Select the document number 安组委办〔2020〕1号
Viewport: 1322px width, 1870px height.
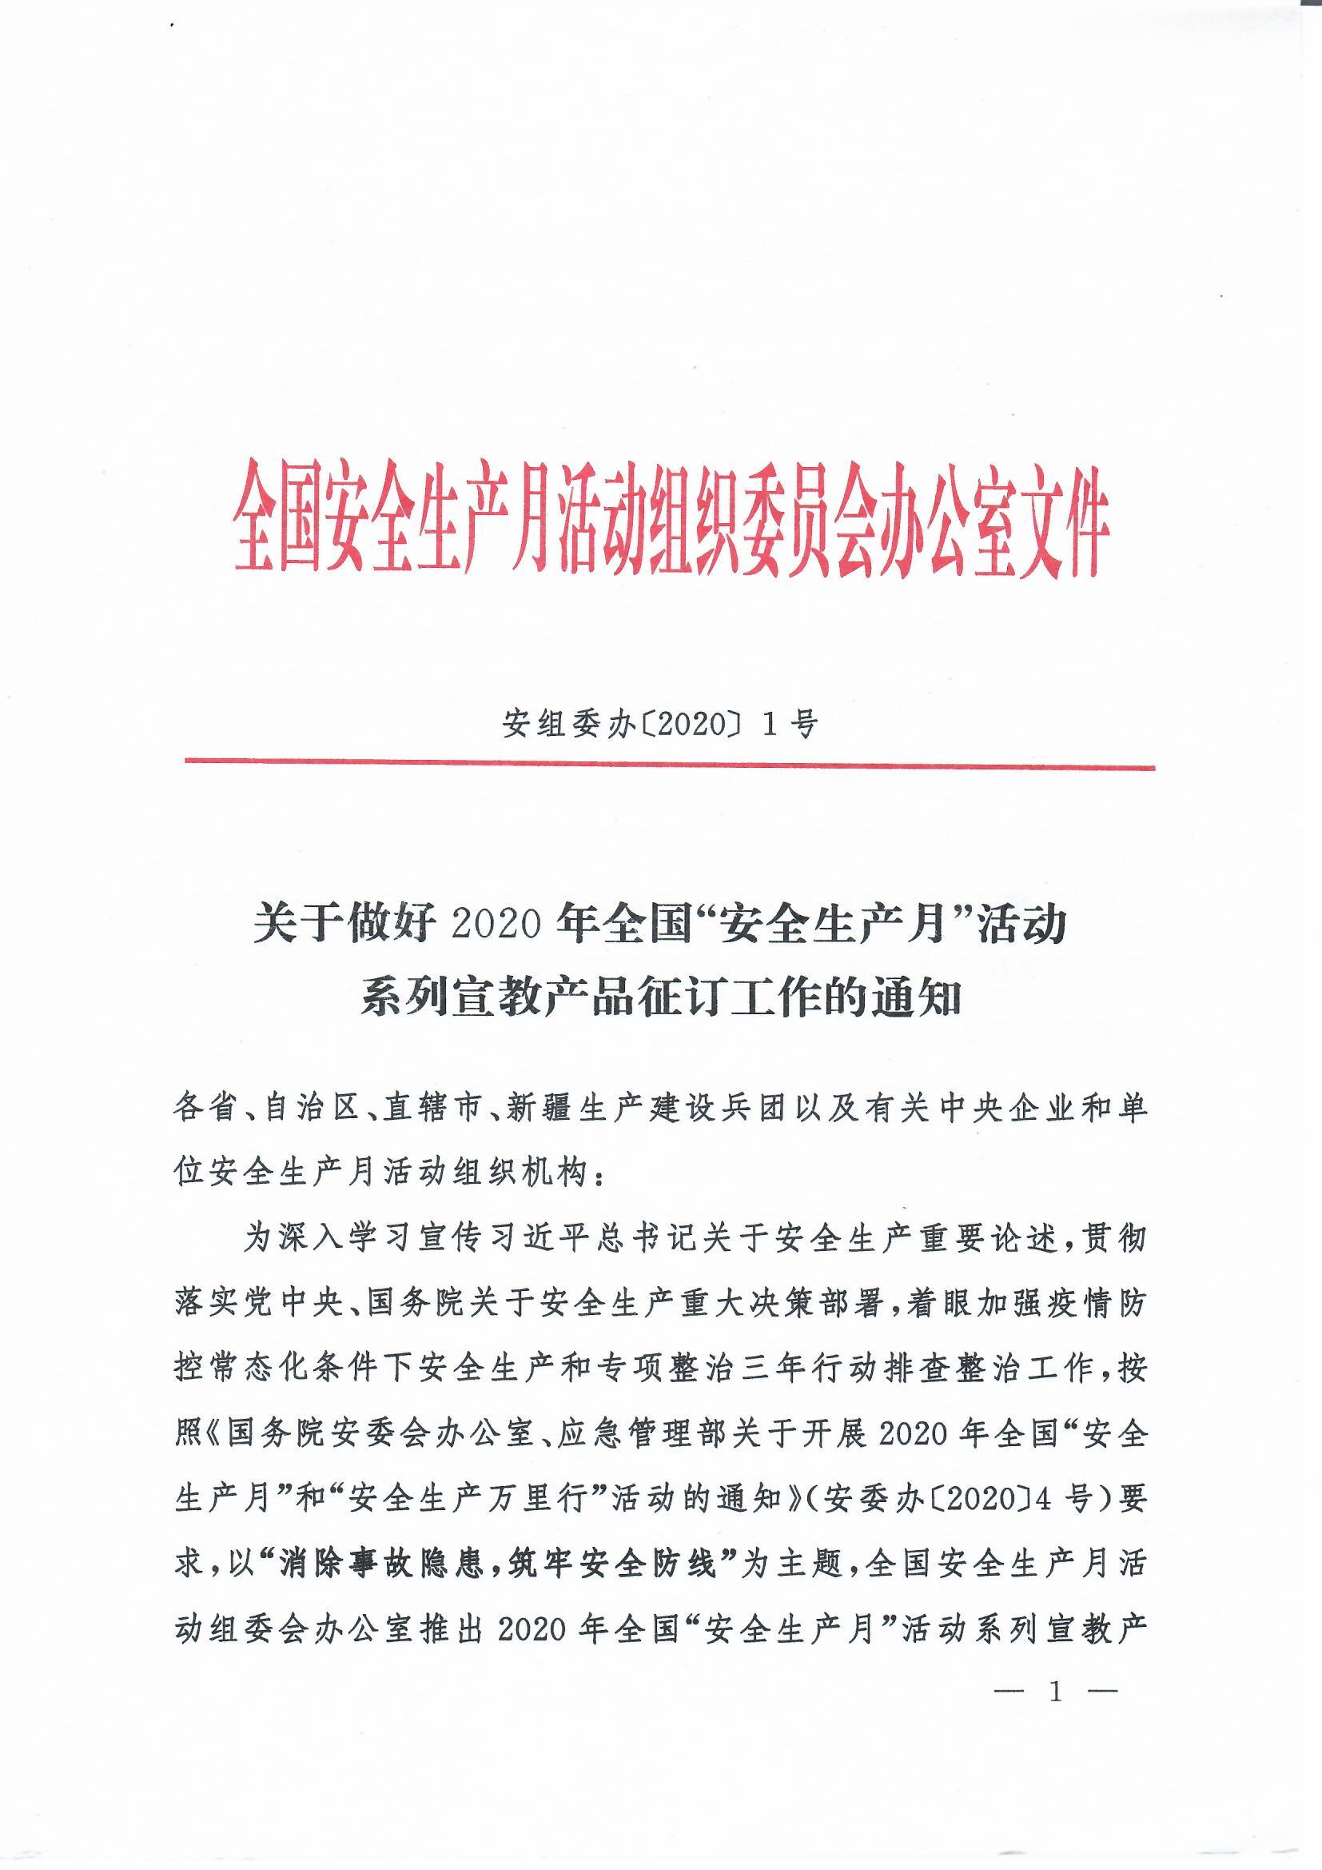pos(659,723)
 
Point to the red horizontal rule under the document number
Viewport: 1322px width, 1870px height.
pos(669,765)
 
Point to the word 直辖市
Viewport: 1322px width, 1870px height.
pos(432,1110)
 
